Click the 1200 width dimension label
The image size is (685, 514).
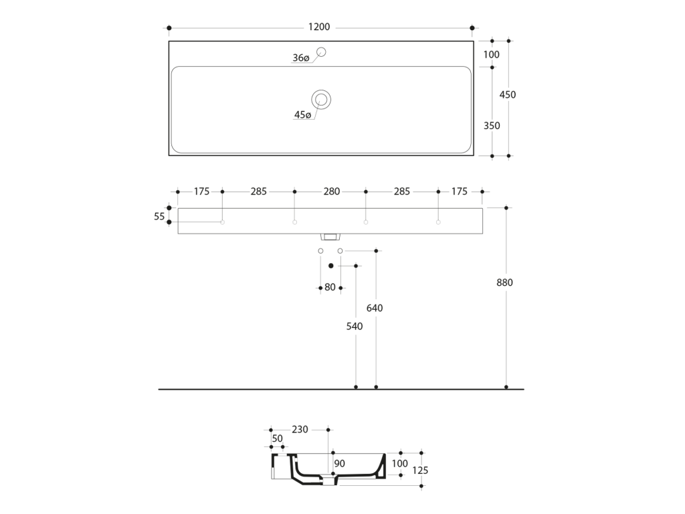pos(319,27)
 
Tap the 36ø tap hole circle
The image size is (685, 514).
pos(322,48)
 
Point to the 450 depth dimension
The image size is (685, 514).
pos(508,95)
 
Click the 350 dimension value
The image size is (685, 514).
pos(492,126)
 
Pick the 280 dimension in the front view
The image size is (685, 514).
pos(332,191)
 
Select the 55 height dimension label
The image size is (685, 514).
pos(159,216)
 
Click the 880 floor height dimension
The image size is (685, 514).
pos(504,283)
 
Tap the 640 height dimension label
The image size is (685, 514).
pos(375,308)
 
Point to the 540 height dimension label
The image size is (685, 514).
pos(355,327)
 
